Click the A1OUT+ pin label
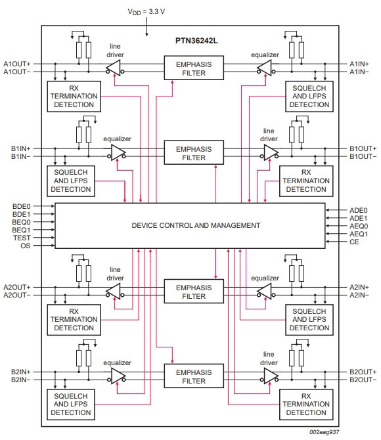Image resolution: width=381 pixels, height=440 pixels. point(17,64)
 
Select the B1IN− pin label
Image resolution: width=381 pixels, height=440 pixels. point(20,156)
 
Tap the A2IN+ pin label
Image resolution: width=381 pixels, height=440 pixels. point(359,288)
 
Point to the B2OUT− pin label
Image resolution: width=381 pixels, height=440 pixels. point(363,380)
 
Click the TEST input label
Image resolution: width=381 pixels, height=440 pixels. point(22,238)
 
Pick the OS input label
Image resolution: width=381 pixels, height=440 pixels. point(25,246)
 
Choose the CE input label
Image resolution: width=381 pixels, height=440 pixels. point(354,242)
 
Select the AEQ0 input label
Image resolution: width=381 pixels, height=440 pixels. point(359,226)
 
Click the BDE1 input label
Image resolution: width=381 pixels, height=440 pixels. point(21,214)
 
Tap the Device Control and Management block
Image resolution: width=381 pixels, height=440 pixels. point(190,226)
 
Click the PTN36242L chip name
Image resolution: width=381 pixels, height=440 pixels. point(196,41)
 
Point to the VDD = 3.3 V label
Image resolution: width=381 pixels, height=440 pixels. point(146,12)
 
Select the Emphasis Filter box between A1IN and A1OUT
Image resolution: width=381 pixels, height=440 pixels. point(194,68)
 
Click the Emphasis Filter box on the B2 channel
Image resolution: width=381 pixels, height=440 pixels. point(194,376)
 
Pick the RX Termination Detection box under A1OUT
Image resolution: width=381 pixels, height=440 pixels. point(74,97)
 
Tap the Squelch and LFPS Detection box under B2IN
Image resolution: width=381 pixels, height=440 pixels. point(71,405)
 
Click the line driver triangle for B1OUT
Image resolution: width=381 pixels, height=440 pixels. point(270,152)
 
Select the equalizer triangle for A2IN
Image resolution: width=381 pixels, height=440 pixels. point(265,292)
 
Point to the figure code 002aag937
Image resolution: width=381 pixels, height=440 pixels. point(325,432)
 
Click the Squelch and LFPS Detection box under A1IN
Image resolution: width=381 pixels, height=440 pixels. point(309,97)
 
